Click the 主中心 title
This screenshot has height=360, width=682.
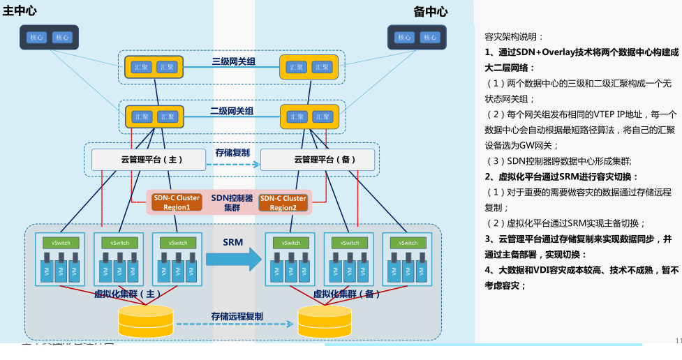click(x=20, y=11)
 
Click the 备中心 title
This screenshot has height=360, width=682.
click(x=431, y=11)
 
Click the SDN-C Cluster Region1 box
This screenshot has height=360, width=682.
click(x=177, y=202)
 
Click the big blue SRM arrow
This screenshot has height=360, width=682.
click(x=233, y=259)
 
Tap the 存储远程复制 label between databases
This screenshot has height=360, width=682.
click(x=237, y=316)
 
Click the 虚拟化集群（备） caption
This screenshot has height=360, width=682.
click(x=347, y=294)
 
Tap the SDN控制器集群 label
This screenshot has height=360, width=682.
click(x=232, y=202)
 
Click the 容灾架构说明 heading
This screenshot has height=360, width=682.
click(x=514, y=36)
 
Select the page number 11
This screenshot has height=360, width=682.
click(x=678, y=340)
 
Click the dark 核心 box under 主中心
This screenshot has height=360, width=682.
click(x=49, y=38)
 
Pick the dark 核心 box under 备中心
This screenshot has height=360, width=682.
click(x=417, y=38)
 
